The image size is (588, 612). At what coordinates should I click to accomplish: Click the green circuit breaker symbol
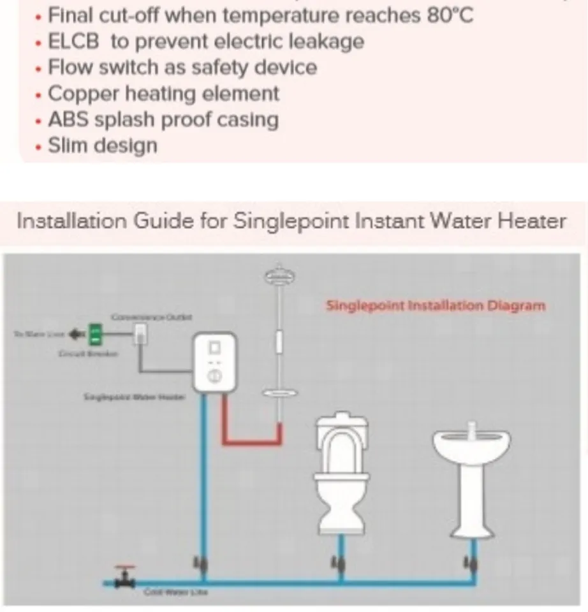(x=94, y=333)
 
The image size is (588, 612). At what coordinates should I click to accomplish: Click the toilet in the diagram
(x=343, y=472)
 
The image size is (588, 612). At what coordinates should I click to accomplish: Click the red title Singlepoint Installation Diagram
(x=436, y=305)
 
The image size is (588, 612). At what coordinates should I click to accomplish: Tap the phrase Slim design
(x=102, y=145)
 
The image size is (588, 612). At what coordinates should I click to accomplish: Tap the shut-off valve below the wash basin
(x=472, y=564)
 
